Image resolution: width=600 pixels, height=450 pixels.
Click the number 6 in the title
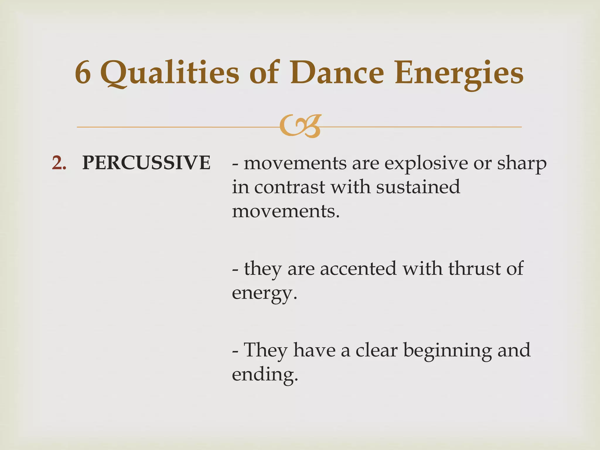tap(83, 73)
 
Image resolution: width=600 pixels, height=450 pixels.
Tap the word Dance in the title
tap(337, 73)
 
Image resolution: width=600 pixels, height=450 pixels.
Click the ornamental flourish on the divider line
tap(300, 127)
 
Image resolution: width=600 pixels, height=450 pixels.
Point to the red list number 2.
tap(59, 163)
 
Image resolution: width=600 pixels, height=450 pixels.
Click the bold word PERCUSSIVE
tap(146, 163)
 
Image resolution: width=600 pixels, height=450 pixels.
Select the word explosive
tap(426, 163)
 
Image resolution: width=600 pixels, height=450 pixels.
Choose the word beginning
tap(447, 350)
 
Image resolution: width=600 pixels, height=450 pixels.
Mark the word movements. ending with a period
tap(286, 211)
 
